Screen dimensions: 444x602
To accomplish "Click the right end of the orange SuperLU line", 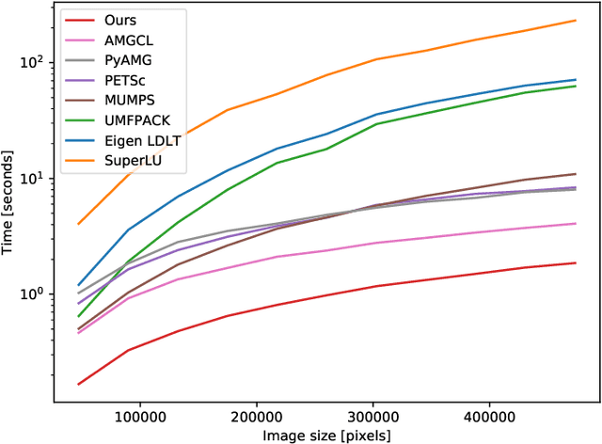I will [576, 20].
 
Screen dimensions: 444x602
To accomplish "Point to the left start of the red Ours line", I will [78, 384].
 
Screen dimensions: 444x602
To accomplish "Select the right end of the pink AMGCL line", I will [576, 223].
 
